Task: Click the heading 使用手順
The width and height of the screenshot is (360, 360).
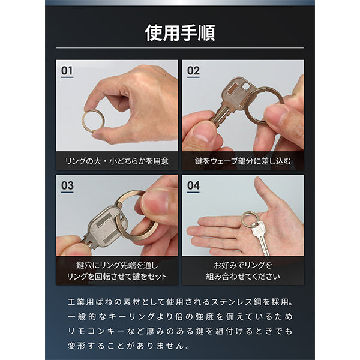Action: point(180,33)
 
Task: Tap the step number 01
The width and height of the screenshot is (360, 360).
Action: point(67,71)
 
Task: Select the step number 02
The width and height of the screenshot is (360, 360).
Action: point(193,71)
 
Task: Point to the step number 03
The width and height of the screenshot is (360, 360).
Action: point(67,185)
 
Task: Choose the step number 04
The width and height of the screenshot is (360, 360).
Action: point(193,185)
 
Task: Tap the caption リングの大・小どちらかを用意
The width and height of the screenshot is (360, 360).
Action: point(117,161)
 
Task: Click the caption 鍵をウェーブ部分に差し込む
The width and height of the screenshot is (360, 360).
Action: point(243,161)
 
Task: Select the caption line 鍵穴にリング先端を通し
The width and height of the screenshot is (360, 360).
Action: point(117,265)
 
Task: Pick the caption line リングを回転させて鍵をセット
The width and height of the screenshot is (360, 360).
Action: point(117,276)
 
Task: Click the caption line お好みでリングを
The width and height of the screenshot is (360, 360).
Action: point(243,265)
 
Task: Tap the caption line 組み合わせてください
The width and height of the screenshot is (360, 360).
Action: point(243,276)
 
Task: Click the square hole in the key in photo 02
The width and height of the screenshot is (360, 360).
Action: point(246,86)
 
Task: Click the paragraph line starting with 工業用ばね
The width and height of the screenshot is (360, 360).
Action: point(180,302)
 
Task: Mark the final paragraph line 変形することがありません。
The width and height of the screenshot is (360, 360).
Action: point(129,346)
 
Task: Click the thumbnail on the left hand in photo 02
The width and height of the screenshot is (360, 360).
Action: point(203,132)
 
